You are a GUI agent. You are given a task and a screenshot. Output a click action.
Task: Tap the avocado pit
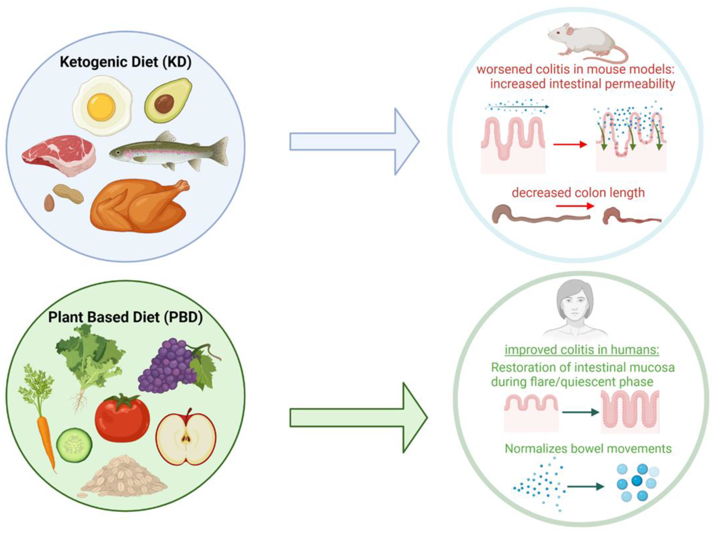(x=164, y=104)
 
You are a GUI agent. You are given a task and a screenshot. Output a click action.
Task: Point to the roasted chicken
(x=139, y=206)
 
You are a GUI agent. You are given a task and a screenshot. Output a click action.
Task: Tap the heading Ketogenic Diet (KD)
(x=125, y=62)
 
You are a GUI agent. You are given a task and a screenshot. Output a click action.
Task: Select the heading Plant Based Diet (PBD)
(x=125, y=317)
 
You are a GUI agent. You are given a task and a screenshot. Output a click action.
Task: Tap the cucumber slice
(x=74, y=445)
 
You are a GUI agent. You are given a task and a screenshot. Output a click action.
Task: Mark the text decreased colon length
(x=578, y=192)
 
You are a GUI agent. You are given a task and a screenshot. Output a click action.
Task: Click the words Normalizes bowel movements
(x=588, y=448)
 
